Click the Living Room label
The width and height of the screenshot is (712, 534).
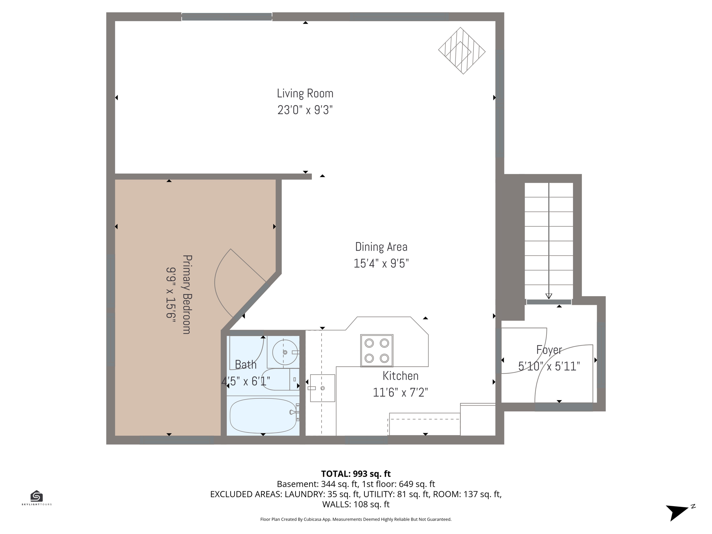click(x=305, y=93)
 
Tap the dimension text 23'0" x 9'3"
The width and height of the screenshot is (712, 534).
click(x=305, y=110)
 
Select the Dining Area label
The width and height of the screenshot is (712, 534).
click(x=381, y=247)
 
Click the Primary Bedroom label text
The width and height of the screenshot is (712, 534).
click(x=187, y=294)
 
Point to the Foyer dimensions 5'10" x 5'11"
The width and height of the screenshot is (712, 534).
click(x=549, y=366)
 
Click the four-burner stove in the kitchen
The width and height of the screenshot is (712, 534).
click(x=377, y=350)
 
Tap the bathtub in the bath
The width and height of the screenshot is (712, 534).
click(x=263, y=415)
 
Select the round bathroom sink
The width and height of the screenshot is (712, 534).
click(x=285, y=353)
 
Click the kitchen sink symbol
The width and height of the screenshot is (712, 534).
click(x=322, y=388)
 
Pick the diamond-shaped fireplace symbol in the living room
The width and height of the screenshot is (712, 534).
click(x=462, y=51)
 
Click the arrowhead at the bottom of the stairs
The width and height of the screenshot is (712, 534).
click(x=549, y=296)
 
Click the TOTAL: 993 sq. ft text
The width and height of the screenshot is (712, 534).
click(x=356, y=474)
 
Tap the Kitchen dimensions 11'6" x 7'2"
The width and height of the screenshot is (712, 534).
click(x=400, y=393)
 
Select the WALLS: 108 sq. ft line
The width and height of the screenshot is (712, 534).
click(x=356, y=504)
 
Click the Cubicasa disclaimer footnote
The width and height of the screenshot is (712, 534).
click(x=356, y=519)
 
